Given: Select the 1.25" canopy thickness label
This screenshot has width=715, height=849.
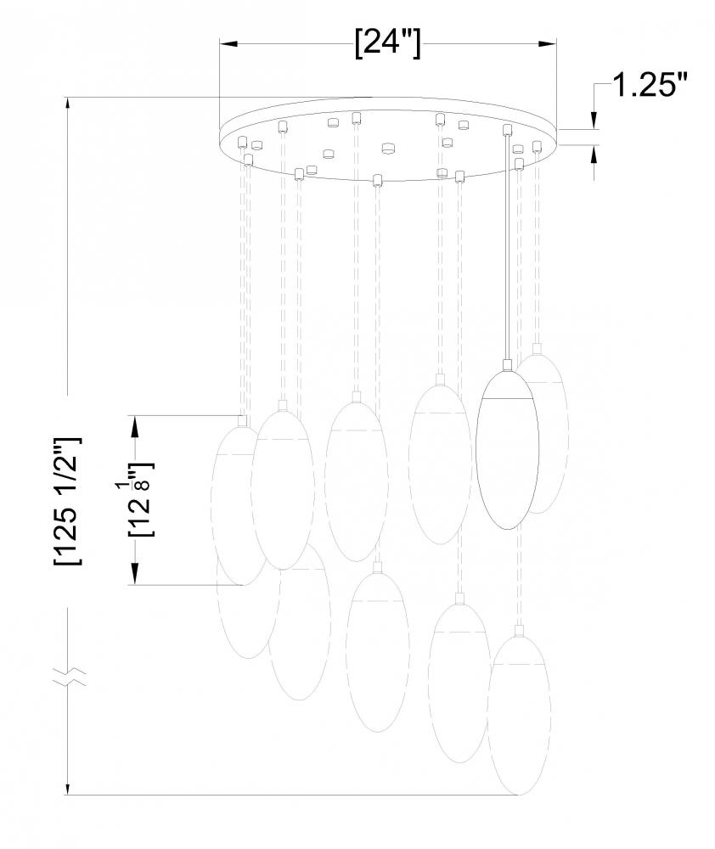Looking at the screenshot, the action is tap(650, 86).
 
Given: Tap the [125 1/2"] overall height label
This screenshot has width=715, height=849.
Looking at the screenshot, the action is tap(68, 501).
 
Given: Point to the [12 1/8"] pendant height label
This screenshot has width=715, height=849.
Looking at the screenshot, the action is tap(141, 498).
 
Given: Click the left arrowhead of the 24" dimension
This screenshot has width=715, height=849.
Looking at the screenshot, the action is tap(228, 43).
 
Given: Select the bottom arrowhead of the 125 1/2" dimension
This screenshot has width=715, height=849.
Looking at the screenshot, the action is tap(68, 785).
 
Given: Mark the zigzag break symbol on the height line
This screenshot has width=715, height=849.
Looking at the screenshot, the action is tap(70, 677).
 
